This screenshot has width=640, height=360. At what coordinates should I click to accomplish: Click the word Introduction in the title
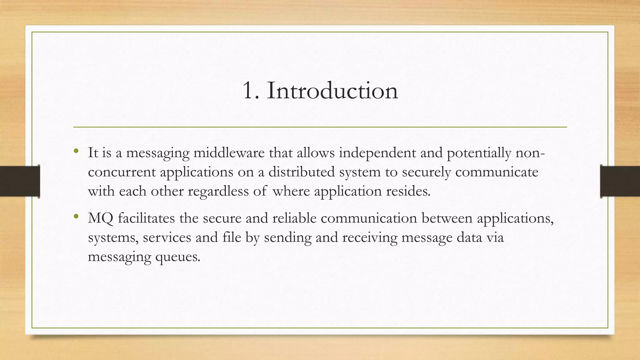332,91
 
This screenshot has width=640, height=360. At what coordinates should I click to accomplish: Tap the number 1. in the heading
251,91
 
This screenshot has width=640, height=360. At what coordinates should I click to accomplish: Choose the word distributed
302,172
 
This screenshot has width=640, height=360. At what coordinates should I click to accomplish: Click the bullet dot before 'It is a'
76,152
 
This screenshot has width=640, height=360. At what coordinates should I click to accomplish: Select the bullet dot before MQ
76,217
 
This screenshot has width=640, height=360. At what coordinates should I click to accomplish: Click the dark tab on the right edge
620,181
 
